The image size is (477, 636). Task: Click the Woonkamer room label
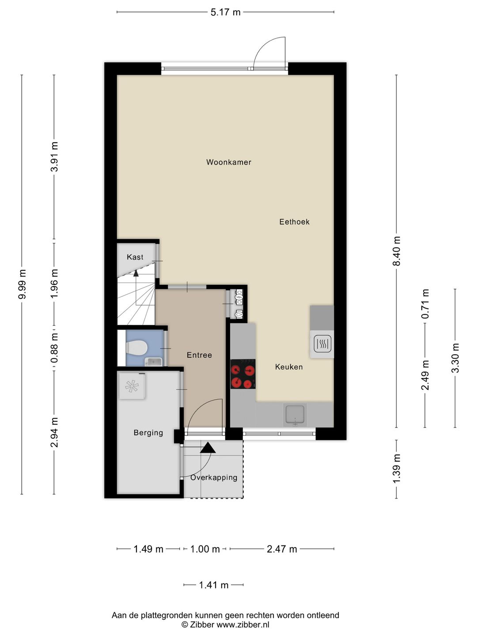(228, 162)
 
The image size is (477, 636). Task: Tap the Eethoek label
(294, 222)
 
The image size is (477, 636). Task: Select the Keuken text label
(289, 367)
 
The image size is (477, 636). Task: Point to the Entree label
(199, 355)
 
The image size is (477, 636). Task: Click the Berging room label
(148, 433)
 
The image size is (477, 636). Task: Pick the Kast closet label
(135, 257)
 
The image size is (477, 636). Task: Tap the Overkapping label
(214, 477)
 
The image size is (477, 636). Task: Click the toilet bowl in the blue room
(137, 348)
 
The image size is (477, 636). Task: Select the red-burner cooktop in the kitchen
(243, 374)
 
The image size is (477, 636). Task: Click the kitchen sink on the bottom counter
(295, 415)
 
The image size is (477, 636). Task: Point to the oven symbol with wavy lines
(322, 344)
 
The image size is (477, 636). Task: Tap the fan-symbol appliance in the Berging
(132, 386)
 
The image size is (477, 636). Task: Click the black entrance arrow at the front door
(208, 448)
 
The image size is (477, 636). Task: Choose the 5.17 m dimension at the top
(225, 12)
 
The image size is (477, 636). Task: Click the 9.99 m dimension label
(22, 284)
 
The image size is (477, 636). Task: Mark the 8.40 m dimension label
(397, 251)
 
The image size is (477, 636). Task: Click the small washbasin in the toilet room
(153, 362)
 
